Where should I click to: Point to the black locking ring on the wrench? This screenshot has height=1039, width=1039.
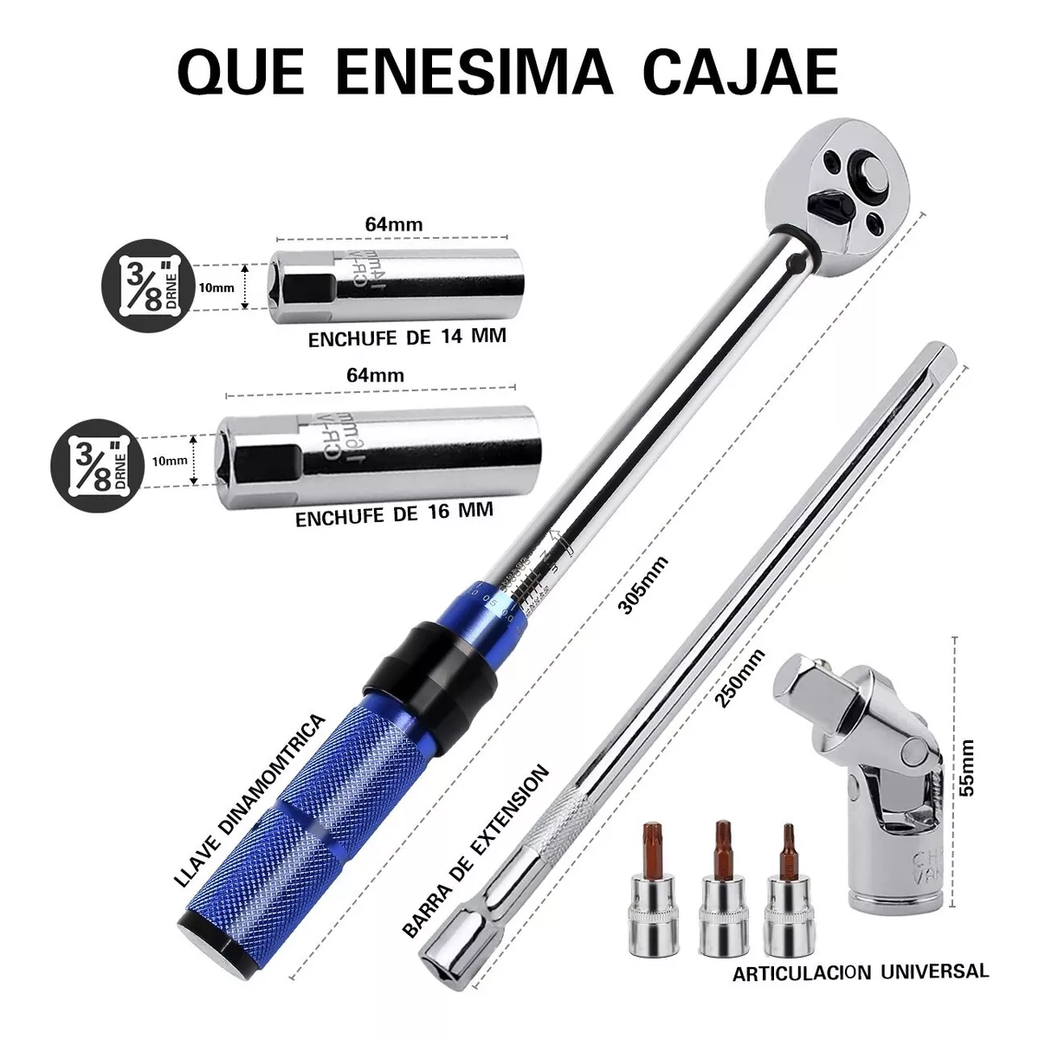point(429,667)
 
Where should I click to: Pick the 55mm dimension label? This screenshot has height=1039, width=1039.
point(969,765)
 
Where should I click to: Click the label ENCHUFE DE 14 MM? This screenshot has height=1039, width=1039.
point(407,338)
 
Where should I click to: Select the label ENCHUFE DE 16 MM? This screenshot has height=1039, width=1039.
point(394,514)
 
